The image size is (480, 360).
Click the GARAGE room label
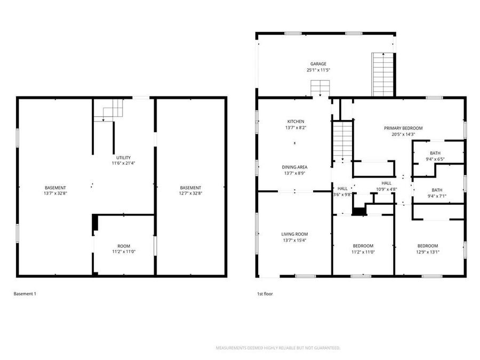(x=318, y=64)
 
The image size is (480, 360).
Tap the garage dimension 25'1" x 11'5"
(x=318, y=70)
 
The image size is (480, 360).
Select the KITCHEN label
(x=296, y=122)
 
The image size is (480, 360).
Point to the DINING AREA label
(x=294, y=167)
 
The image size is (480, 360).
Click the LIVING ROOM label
(x=294, y=234)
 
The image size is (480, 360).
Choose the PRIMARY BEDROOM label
(x=403, y=128)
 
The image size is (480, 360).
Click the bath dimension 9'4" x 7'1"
(x=437, y=196)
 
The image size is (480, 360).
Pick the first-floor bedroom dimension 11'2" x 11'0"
(x=363, y=252)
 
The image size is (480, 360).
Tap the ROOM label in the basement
(x=124, y=245)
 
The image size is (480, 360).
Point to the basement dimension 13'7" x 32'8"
(x=55, y=194)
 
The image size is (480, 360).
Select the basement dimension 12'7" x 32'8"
(x=190, y=194)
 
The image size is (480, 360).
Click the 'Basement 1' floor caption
(x=25, y=293)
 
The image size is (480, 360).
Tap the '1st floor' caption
(x=265, y=293)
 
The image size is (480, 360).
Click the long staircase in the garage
(x=382, y=75)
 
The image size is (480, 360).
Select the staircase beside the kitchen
(x=342, y=141)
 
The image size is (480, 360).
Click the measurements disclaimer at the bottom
(x=278, y=348)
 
